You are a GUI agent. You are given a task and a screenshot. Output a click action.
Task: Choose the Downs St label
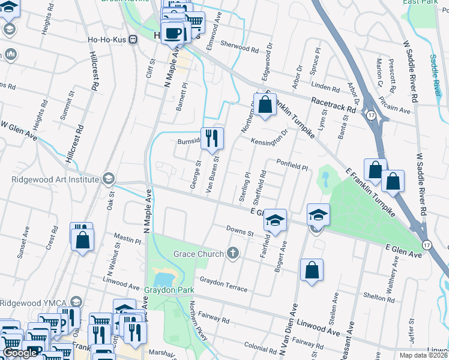click(x=240, y=230)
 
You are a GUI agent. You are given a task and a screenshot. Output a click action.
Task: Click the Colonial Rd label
click(x=259, y=347)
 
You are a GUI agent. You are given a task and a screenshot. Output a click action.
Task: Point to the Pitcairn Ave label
click(x=395, y=108)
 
